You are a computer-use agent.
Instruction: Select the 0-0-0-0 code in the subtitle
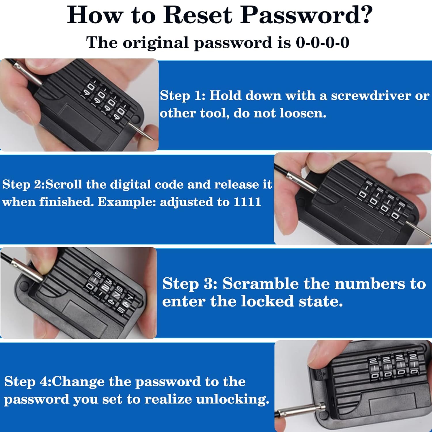(323, 43)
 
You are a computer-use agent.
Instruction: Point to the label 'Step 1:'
(183, 96)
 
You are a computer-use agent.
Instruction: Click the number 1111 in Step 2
(247, 202)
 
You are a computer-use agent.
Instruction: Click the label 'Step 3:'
(190, 284)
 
